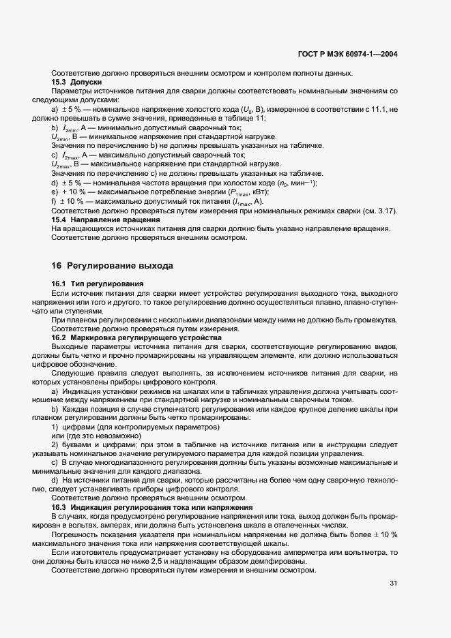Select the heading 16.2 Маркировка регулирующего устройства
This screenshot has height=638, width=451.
tap(136, 337)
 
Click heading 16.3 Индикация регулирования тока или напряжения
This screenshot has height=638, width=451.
tap(152, 508)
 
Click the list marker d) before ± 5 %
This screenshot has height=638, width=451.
tap(55, 183)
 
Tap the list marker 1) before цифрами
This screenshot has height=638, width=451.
tap(55, 427)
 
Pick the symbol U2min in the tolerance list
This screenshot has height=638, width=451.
tap(61, 137)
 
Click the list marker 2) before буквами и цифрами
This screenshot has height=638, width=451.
tap(55, 445)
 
